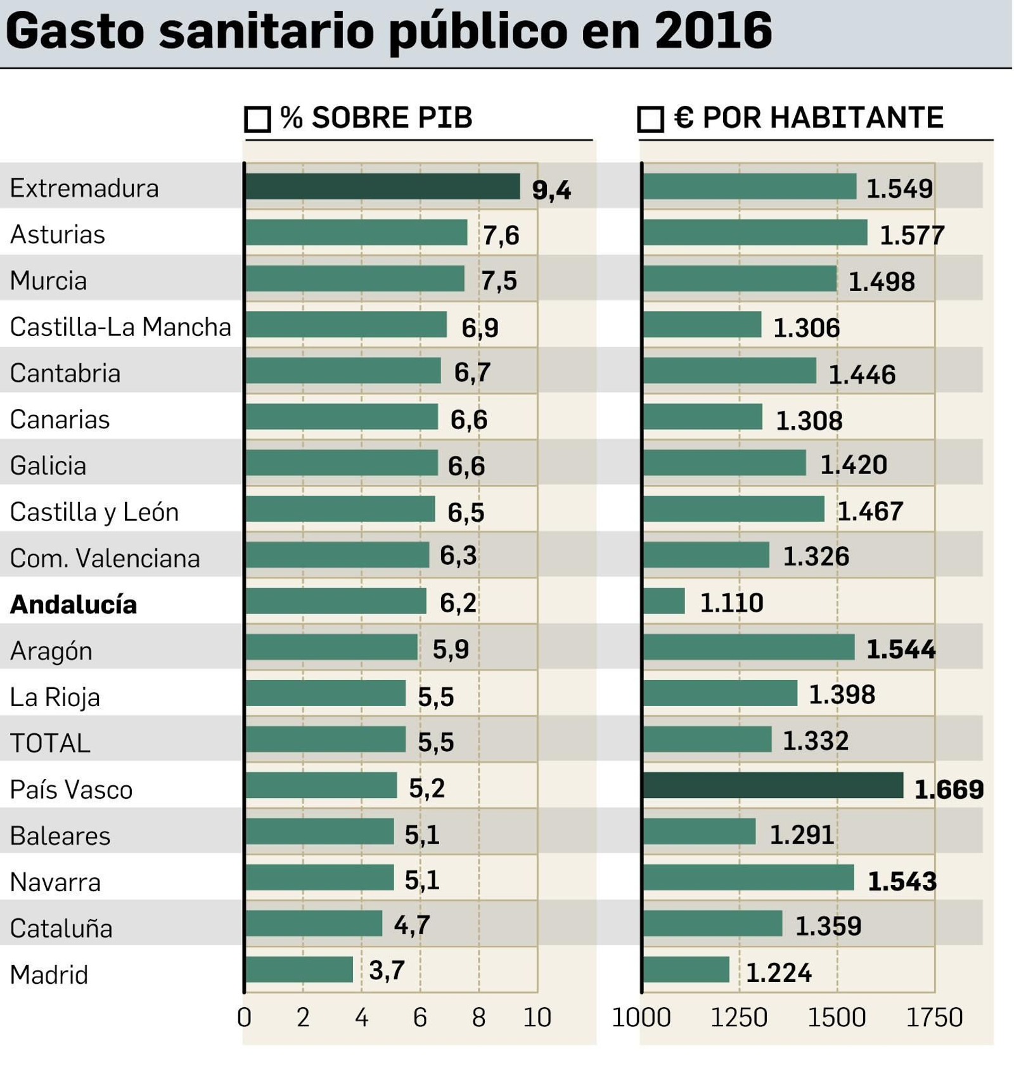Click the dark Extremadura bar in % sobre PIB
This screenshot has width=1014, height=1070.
(x=382, y=186)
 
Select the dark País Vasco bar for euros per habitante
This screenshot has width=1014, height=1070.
(x=773, y=785)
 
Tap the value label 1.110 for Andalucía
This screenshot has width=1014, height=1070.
(x=731, y=602)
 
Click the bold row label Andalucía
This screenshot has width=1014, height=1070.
(x=74, y=604)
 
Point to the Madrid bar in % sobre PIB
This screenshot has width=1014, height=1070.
(x=298, y=969)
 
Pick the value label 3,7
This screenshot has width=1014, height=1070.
(x=387, y=970)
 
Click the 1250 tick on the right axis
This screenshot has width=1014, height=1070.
(x=738, y=1017)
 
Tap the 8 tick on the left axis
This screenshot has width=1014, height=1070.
(x=478, y=1017)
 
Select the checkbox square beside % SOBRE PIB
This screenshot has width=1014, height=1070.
(x=257, y=119)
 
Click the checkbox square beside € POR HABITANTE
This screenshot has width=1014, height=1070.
(x=650, y=119)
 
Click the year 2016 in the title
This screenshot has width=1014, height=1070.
(x=713, y=30)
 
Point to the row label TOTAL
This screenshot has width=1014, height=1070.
(x=50, y=743)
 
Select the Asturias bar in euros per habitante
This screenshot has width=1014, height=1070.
(x=755, y=233)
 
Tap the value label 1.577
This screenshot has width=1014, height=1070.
(x=911, y=235)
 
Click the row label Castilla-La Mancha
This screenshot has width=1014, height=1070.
(x=120, y=327)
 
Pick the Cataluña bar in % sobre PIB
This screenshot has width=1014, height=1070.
(x=314, y=924)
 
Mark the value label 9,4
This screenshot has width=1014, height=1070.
(x=551, y=190)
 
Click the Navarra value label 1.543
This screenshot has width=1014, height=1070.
(x=901, y=881)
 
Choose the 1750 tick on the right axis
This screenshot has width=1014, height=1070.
(x=934, y=1017)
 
